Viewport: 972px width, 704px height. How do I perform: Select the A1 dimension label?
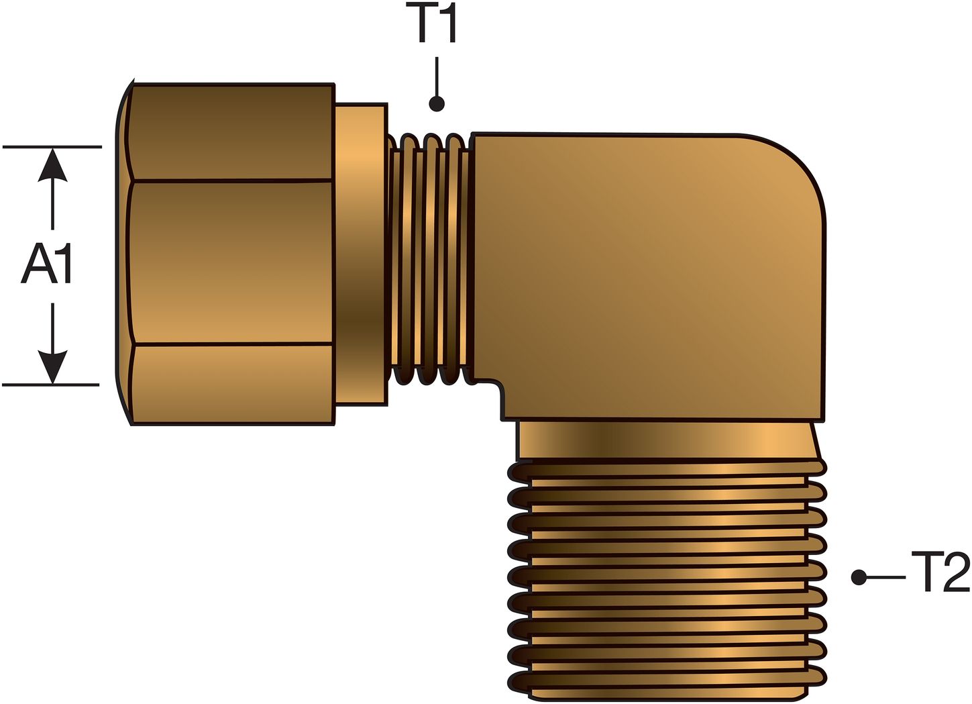(x=48, y=264)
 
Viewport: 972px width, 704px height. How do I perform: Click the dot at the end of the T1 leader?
(x=437, y=104)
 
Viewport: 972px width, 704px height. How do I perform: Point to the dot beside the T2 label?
(x=859, y=577)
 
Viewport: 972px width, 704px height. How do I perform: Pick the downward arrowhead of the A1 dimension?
(x=52, y=366)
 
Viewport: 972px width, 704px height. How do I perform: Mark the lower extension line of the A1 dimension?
(x=51, y=385)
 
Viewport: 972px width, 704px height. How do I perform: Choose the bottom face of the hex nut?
(x=231, y=384)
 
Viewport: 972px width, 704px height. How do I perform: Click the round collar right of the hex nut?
(x=362, y=255)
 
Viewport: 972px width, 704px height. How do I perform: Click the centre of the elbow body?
(x=644, y=275)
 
